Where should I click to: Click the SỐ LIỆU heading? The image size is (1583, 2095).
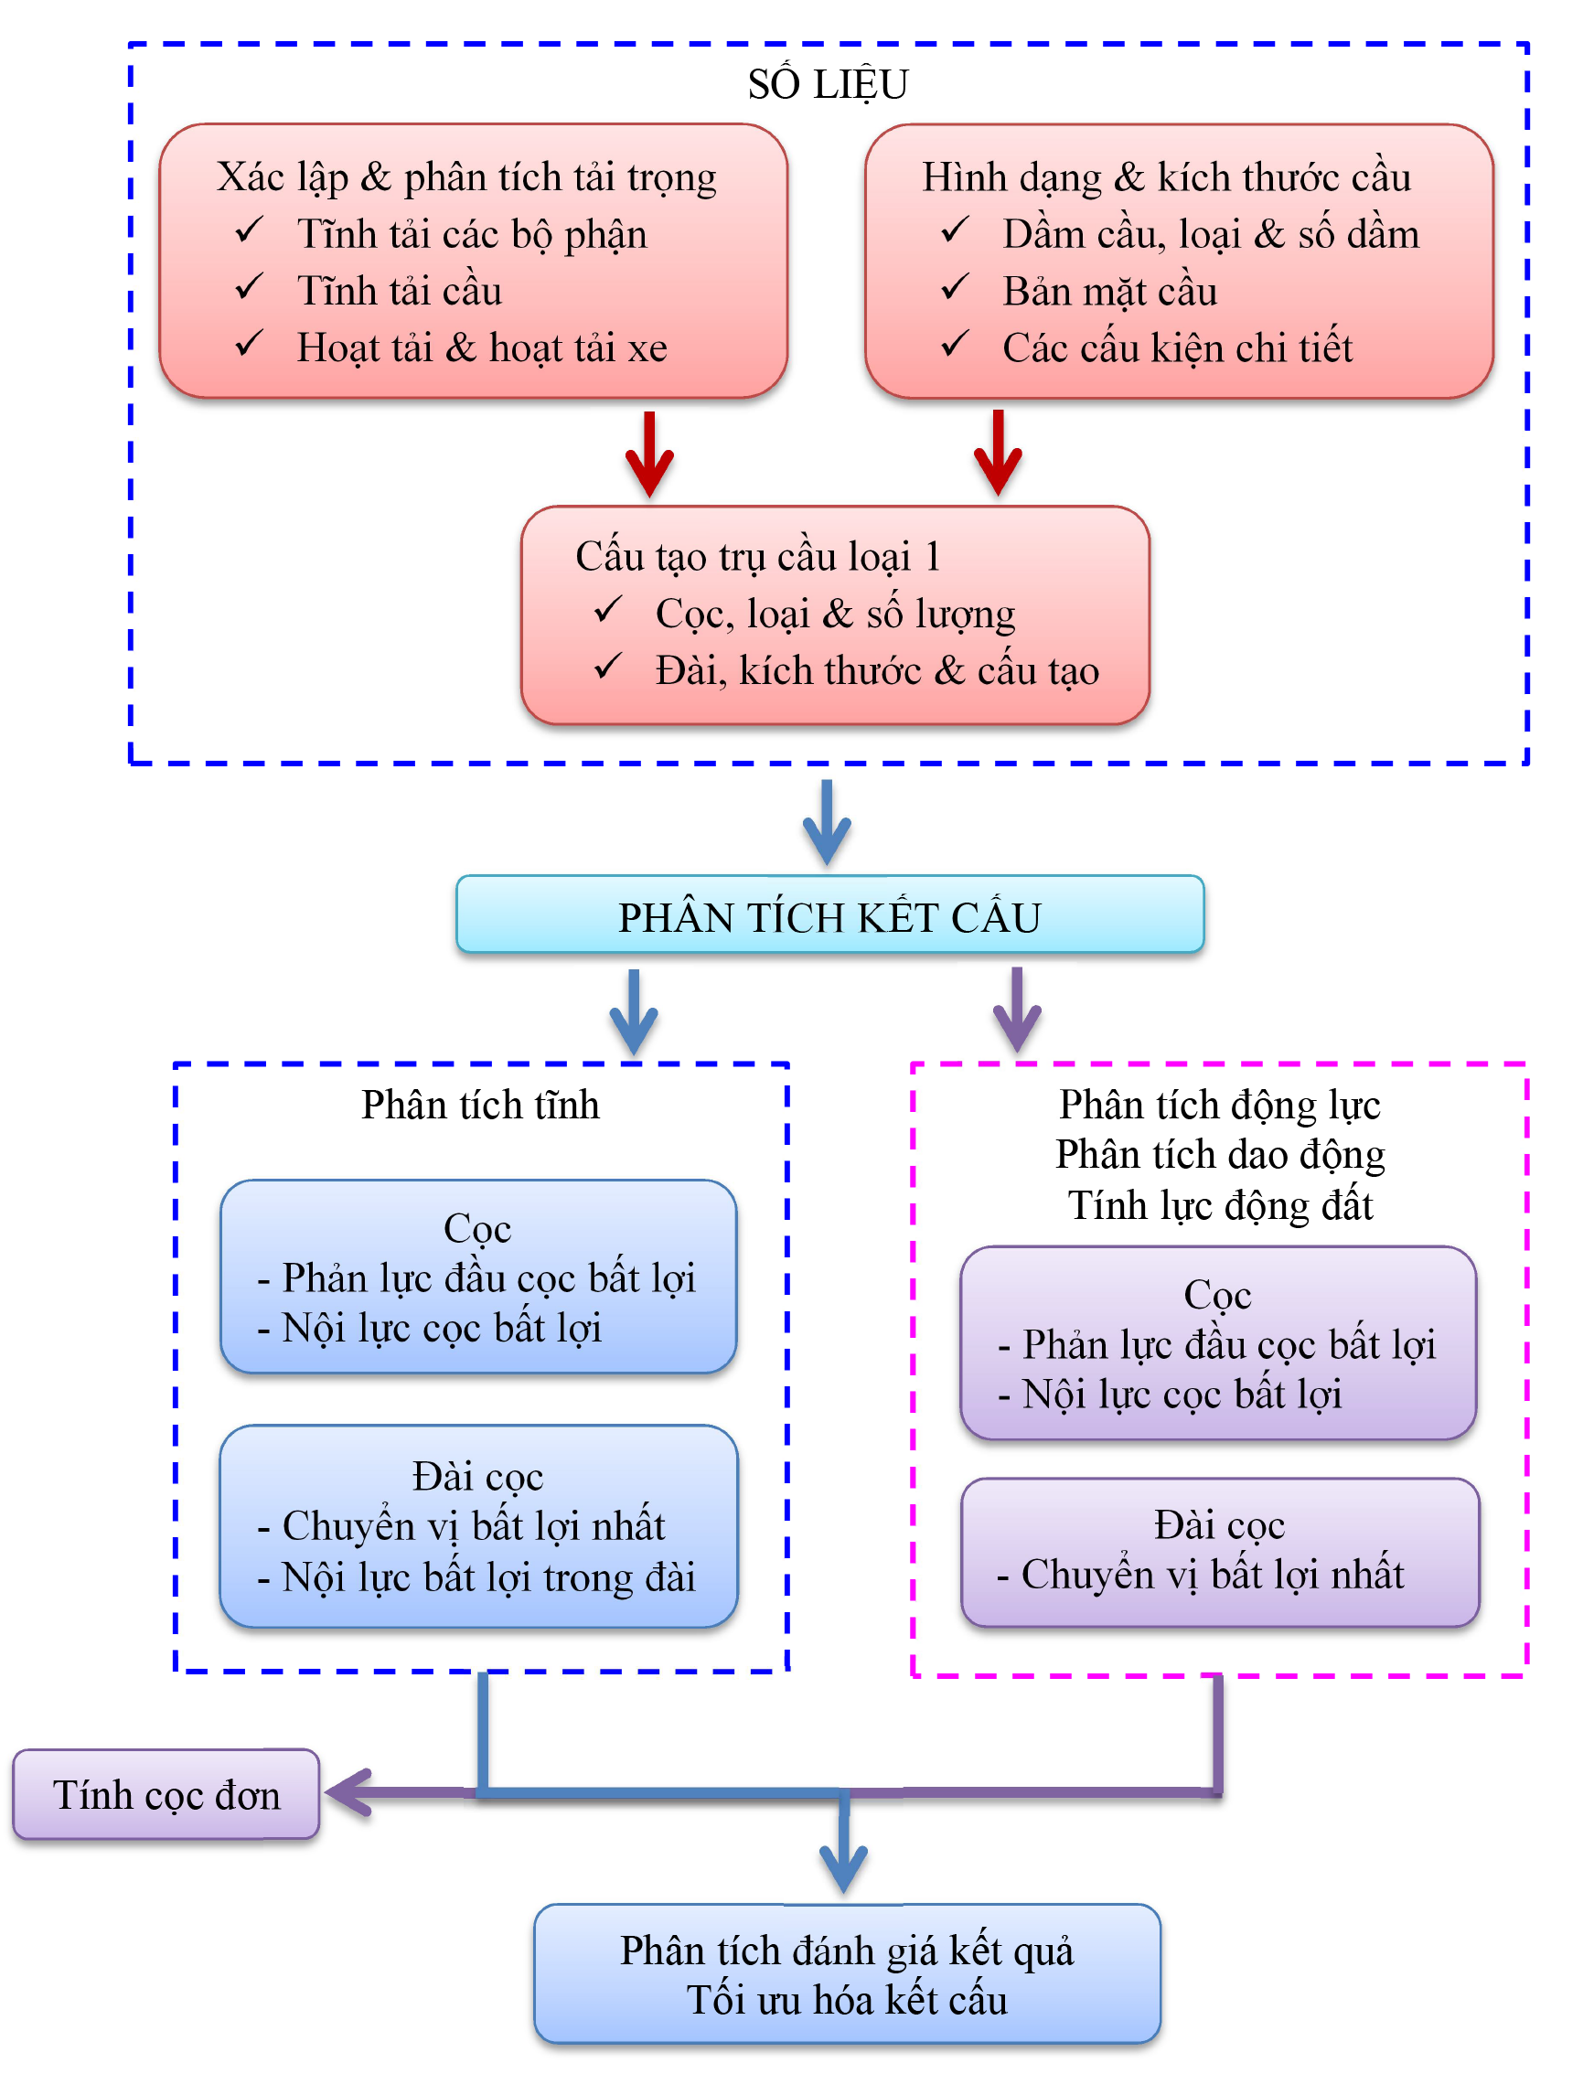click(827, 84)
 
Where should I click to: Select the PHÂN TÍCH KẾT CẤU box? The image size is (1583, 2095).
click(829, 914)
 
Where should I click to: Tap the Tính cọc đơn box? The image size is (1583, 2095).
click(166, 1794)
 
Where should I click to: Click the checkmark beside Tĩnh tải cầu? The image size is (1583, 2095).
click(249, 287)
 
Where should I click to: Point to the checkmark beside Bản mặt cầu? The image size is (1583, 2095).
click(954, 287)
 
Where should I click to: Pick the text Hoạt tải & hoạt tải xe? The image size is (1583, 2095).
click(481, 347)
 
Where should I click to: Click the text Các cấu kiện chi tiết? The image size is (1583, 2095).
click(1177, 347)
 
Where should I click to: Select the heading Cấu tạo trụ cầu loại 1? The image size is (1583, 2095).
click(757, 556)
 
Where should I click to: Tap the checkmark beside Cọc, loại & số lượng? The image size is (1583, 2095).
click(607, 610)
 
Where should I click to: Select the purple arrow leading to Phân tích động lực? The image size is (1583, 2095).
click(1017, 1010)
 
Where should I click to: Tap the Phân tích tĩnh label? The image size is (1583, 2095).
click(480, 1105)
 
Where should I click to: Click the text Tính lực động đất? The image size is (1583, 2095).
click(1220, 1204)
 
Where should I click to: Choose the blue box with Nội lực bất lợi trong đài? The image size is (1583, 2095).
click(478, 1526)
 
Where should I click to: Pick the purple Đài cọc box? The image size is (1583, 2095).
click(1219, 1551)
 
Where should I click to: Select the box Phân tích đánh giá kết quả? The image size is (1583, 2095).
click(847, 1973)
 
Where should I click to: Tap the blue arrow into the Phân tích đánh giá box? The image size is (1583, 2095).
click(843, 1852)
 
